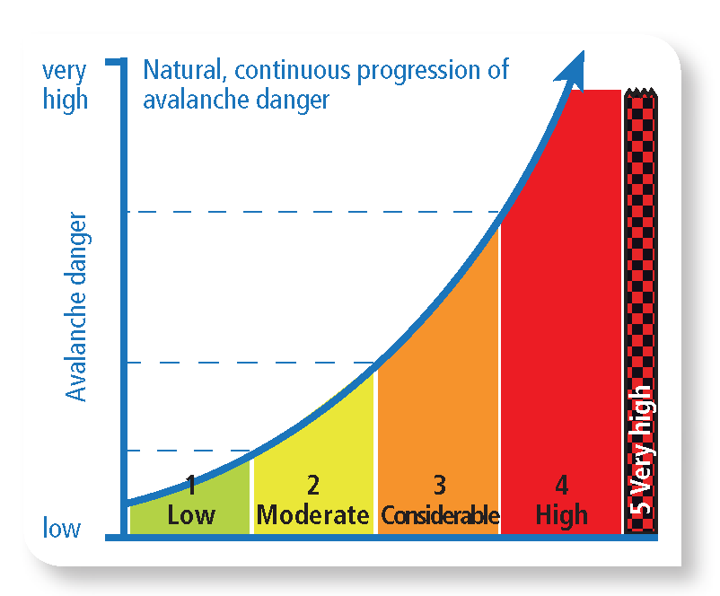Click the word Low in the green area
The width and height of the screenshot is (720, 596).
point(191,515)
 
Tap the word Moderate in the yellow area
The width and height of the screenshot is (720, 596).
point(312,515)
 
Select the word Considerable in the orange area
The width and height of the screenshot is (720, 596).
point(439,516)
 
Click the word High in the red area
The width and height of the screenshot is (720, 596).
point(561,515)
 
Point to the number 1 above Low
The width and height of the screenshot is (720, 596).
point(191,486)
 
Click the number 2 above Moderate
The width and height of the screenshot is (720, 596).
point(312,486)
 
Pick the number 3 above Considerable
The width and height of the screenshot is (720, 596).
point(439,486)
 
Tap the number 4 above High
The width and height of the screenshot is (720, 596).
point(561,486)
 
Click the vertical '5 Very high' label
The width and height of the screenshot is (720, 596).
point(641,449)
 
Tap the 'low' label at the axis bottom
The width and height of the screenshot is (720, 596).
point(62,528)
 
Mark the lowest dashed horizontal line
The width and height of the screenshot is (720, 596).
point(180,451)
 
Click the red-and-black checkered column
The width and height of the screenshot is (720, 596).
point(641,224)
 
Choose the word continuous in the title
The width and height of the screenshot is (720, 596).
point(290,71)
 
